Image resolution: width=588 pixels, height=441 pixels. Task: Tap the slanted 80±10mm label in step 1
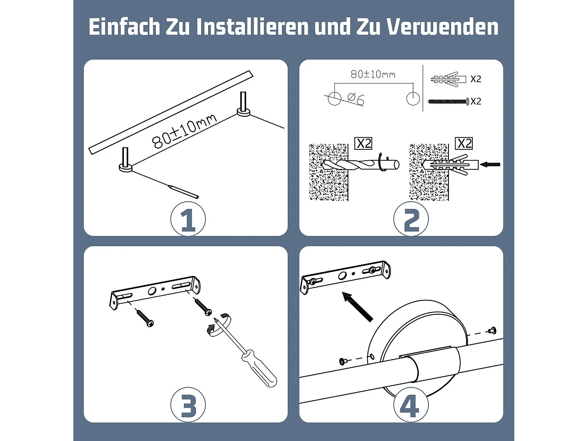coord(184,131)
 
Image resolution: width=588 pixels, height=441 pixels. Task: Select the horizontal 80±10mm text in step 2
coord(373,74)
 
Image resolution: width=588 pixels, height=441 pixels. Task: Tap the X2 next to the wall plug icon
coord(475,79)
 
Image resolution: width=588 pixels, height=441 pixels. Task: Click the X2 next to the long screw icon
coord(475,102)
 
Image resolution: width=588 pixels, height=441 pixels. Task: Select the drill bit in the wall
coord(361,165)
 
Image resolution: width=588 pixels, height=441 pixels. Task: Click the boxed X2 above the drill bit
coord(363,143)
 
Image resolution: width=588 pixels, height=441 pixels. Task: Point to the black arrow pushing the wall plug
coord(490,164)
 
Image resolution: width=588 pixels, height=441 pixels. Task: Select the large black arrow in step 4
coord(357,307)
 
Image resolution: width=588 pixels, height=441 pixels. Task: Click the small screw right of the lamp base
coord(492,330)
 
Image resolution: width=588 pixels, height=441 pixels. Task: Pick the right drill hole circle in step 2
coord(413,98)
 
